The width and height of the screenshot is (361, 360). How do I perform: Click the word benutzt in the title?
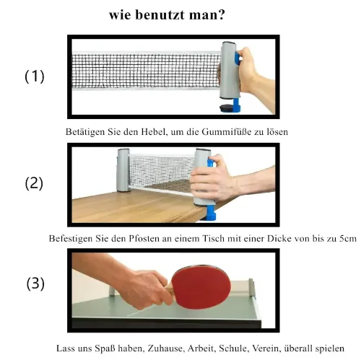(x=160, y=15)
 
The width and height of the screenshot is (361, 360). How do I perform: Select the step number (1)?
(x=35, y=76)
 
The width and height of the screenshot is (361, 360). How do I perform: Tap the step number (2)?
(x=34, y=183)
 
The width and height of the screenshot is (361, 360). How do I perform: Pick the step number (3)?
(x=35, y=284)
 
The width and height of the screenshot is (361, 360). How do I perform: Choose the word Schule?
(x=232, y=348)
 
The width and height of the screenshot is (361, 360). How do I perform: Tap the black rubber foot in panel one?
(x=226, y=107)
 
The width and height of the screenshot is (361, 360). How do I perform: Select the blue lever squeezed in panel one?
(x=238, y=58)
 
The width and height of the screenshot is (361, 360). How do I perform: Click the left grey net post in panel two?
(x=123, y=170)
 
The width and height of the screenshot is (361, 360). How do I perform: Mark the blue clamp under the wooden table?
(x=209, y=213)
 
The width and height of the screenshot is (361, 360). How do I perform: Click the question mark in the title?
(x=221, y=14)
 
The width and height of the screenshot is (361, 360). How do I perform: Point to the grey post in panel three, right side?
(x=251, y=288)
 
